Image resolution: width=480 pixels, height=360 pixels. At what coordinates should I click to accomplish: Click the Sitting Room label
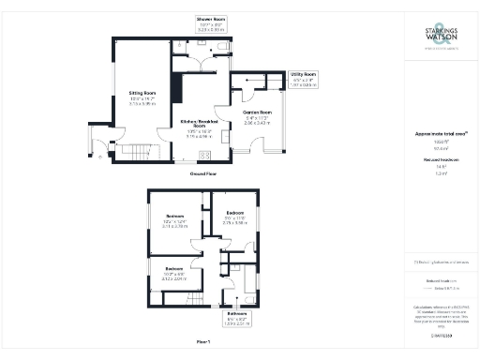pyautogui.click(x=142, y=93)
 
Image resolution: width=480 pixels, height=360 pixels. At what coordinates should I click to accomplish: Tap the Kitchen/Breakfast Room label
pyautogui.click(x=198, y=123)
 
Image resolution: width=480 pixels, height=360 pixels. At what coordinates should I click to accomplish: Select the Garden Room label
pyautogui.click(x=256, y=111)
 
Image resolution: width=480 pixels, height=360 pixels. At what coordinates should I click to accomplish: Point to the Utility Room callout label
pyautogui.click(x=303, y=73)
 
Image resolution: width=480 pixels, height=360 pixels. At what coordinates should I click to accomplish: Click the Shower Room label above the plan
pyautogui.click(x=210, y=19)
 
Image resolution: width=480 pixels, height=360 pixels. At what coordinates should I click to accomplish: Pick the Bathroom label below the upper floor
pyautogui.click(x=236, y=312)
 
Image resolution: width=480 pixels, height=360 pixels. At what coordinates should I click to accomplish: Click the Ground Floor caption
pyautogui.click(x=203, y=174)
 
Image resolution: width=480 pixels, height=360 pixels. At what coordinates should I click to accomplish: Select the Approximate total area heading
pyautogui.click(x=441, y=134)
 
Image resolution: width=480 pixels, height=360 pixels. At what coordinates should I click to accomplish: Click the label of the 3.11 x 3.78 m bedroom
pyautogui.click(x=174, y=216)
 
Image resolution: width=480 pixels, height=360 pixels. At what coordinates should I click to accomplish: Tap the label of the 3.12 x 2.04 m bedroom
pyautogui.click(x=174, y=268)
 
